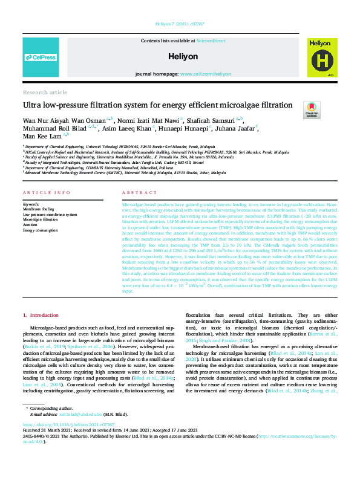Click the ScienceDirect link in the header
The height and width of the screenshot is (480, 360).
tap(211, 41)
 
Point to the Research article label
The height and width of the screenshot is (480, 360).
tap(45, 92)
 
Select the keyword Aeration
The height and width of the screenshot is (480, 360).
tap(30, 224)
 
